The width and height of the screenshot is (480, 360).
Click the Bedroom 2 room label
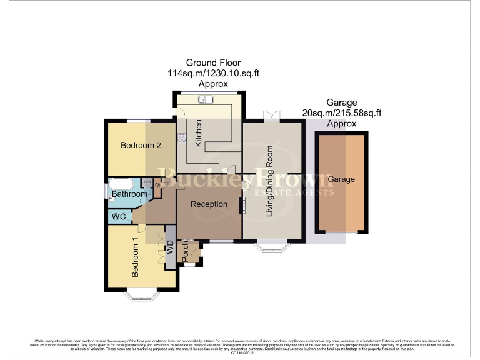[141, 146]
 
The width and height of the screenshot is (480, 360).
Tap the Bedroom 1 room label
[134, 256]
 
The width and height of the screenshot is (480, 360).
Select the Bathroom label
[129, 194]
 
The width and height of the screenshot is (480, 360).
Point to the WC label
[118, 217]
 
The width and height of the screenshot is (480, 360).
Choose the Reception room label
[209, 204]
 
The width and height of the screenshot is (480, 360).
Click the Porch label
[185, 252]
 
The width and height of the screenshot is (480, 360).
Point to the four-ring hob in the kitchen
[182, 139]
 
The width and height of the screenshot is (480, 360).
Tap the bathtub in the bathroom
[121, 184]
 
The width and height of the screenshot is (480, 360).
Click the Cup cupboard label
[147, 182]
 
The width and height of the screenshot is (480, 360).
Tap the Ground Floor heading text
[212, 62]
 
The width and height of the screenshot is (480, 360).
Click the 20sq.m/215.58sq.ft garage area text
[342, 113]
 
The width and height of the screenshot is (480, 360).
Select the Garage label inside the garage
[342, 179]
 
